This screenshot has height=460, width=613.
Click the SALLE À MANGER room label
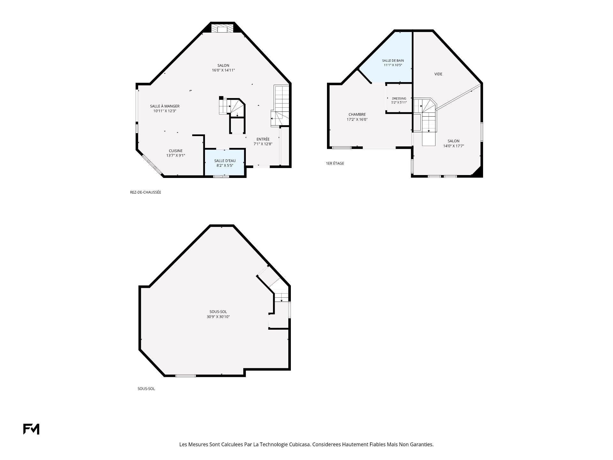(165, 106)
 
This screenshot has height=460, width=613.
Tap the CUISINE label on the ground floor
(176, 151)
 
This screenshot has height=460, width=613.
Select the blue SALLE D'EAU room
(225, 162)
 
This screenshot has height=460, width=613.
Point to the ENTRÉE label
(263, 139)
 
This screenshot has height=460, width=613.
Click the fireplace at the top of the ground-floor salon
(222, 29)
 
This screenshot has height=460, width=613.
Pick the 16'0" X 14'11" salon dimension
(223, 70)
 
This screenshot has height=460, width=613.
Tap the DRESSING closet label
(399, 98)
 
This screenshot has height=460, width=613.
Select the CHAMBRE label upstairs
(357, 114)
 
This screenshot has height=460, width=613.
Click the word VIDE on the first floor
(438, 74)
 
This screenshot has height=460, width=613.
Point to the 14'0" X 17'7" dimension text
(453, 146)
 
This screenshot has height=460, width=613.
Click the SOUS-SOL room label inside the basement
(218, 312)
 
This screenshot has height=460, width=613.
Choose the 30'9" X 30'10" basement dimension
(218, 317)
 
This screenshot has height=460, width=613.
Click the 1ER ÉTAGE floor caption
(335, 164)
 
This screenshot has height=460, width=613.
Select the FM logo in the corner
(31, 429)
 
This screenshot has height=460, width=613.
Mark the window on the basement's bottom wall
(185, 376)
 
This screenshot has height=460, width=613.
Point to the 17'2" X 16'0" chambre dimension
(357, 119)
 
